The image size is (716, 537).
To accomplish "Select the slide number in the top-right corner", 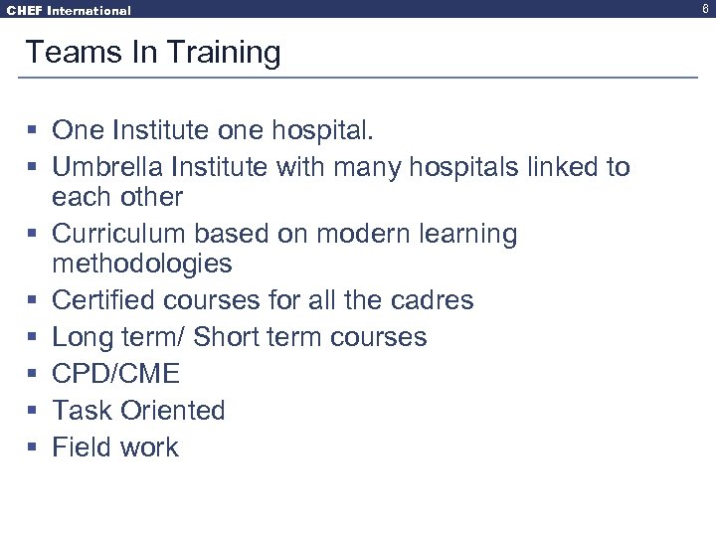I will click(704, 8).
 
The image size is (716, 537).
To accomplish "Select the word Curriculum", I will click(111, 234).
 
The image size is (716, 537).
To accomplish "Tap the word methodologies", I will click(141, 264).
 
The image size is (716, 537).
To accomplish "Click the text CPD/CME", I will click(115, 374).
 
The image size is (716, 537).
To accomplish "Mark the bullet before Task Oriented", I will click(32, 411).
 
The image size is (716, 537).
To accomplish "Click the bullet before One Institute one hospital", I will click(32, 130).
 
